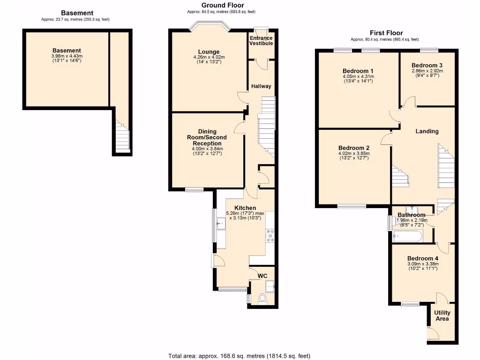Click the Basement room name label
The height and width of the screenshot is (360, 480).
click(x=67, y=51)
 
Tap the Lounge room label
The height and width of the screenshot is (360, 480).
click(x=209, y=52)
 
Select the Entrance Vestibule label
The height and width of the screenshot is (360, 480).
click(x=261, y=40)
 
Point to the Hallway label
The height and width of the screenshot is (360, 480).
click(x=261, y=86)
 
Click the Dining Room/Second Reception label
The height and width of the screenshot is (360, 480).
click(x=206, y=137)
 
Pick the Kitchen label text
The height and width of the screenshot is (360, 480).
click(x=245, y=208)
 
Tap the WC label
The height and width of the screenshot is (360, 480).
click(x=262, y=276)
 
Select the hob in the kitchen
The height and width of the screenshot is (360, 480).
click(x=270, y=235)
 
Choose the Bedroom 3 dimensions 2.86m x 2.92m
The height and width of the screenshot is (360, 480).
click(x=427, y=71)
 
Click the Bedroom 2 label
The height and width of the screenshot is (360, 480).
click(x=354, y=148)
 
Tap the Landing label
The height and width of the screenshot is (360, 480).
click(x=427, y=131)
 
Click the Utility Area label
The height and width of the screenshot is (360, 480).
click(x=442, y=316)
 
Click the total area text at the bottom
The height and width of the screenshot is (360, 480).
click(x=240, y=356)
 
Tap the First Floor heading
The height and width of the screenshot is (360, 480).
click(x=386, y=33)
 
